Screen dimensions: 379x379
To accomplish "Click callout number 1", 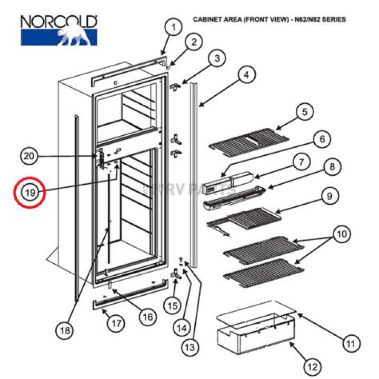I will click(173, 26).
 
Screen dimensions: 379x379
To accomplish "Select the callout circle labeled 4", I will click(245, 75).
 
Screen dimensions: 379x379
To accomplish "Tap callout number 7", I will click(301, 163).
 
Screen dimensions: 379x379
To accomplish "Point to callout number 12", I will click(312, 366).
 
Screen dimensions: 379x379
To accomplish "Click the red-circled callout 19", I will click(30, 193).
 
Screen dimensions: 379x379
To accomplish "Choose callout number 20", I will click(31, 155).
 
